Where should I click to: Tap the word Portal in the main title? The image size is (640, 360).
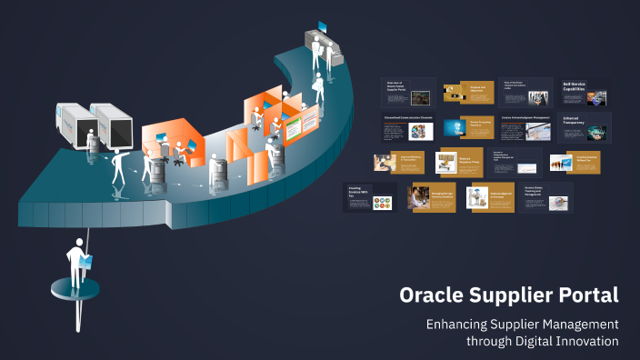tap(587, 295)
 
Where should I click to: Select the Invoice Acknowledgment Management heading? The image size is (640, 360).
tap(525, 117)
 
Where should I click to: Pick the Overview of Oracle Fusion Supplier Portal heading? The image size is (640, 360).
tap(395, 86)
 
